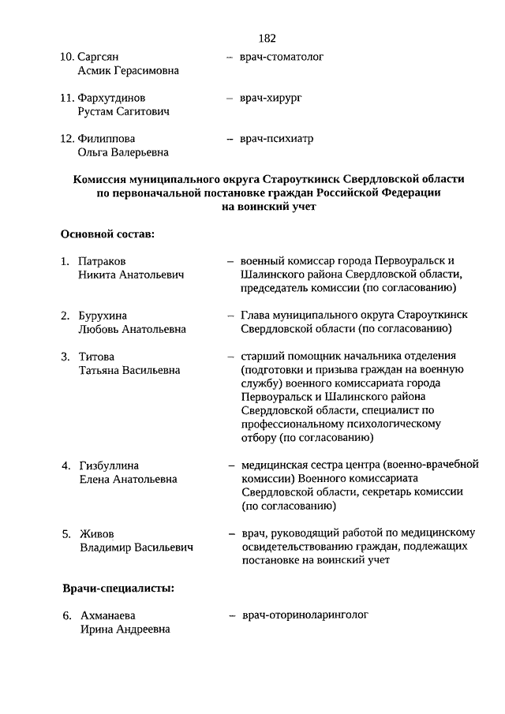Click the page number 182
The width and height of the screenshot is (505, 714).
click(266, 38)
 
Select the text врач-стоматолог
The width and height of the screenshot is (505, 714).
click(282, 57)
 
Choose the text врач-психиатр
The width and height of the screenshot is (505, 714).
click(276, 139)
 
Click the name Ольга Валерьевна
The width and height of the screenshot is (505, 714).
click(122, 153)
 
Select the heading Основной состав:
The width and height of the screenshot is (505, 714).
click(107, 234)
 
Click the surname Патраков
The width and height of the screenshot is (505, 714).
click(103, 261)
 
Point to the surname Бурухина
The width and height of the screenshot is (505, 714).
click(103, 316)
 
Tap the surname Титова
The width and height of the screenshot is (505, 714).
click(96, 357)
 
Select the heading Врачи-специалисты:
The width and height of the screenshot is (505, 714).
click(118, 588)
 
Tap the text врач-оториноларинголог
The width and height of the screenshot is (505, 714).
click(305, 615)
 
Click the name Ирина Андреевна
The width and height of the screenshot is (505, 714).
click(124, 629)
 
